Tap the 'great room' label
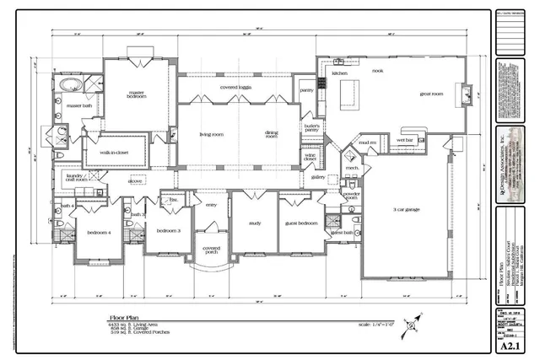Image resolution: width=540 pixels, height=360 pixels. tap(431, 94)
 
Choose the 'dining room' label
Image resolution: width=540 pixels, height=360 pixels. tap(272, 134)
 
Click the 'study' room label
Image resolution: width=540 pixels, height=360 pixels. tap(255, 223)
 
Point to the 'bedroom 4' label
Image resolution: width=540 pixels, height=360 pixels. tap(99, 232)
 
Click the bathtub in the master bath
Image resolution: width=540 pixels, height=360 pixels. tap(66, 88)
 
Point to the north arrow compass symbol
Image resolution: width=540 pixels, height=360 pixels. tap(411, 321)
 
